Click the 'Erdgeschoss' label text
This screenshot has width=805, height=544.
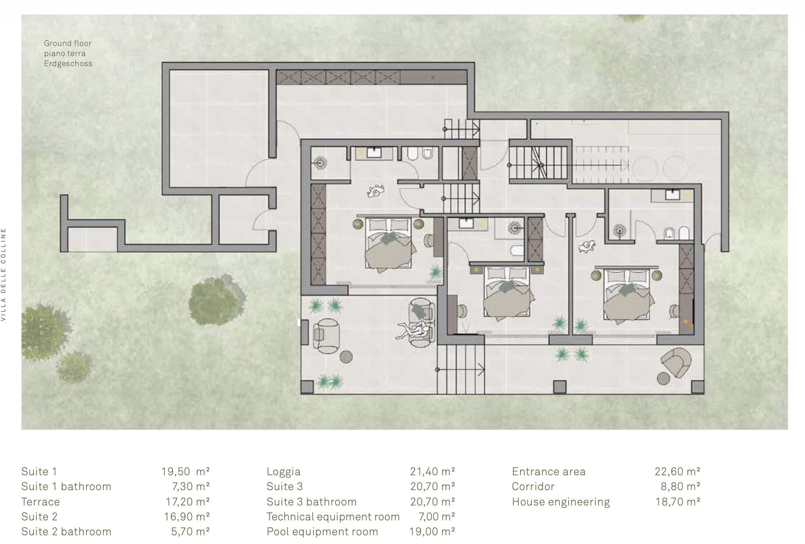click(x=68, y=64)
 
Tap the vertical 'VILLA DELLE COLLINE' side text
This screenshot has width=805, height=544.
click(x=4, y=275)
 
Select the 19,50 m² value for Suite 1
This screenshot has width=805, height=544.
click(x=185, y=472)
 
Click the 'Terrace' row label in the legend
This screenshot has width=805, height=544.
click(x=40, y=502)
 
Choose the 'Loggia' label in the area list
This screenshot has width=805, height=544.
click(x=284, y=472)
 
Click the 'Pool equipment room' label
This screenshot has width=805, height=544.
click(x=322, y=532)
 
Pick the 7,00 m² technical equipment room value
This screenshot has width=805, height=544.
click(x=437, y=517)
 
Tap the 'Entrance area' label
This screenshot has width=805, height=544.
click(x=549, y=472)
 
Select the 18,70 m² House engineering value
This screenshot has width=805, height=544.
click(x=678, y=502)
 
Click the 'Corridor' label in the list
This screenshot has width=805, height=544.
click(x=533, y=487)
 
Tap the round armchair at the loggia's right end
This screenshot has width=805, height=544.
click(x=677, y=362)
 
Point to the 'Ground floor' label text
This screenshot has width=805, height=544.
click(x=68, y=43)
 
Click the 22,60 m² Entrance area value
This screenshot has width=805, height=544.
click(x=677, y=472)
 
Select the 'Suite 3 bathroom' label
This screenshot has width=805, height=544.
click(x=311, y=502)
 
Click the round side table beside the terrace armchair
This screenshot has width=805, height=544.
click(x=346, y=357)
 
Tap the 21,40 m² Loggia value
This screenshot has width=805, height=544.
click(x=432, y=472)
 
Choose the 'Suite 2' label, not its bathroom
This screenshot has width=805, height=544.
click(x=39, y=517)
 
